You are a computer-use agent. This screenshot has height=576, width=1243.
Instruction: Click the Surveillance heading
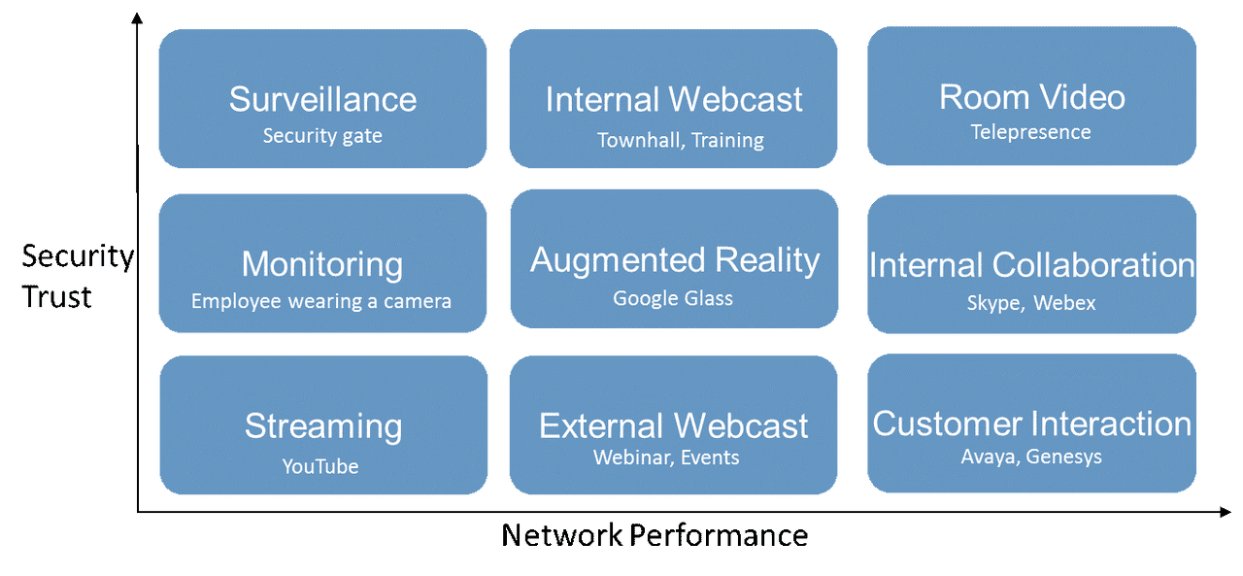coord(322,99)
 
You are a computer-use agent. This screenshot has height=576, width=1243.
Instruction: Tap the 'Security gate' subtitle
coord(322,136)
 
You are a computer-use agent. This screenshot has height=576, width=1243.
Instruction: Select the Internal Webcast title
coord(674,99)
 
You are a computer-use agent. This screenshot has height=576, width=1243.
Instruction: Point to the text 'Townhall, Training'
coord(680,140)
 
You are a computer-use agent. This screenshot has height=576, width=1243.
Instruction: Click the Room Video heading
coord(1031,97)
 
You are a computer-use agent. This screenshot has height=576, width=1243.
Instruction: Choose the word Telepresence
coord(1031,132)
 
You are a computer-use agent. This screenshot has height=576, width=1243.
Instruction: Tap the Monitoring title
coord(322,264)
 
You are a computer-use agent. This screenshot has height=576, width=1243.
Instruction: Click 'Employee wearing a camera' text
coord(321,301)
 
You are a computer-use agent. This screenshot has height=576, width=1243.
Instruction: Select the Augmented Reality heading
coord(675,260)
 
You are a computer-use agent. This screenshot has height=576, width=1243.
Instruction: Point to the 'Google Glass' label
coord(673,298)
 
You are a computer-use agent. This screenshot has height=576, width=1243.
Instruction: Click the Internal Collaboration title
coord(1031,265)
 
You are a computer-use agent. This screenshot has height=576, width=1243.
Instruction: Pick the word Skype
coord(993,303)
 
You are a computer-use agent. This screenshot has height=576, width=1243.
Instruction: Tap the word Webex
coord(1064,303)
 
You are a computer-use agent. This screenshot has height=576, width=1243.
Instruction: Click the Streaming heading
coord(322,426)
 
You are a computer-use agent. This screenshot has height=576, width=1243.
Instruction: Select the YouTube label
coord(320,466)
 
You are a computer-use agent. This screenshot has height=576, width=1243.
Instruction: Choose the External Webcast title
coord(674,426)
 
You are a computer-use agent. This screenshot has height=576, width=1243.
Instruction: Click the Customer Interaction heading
coord(1031,424)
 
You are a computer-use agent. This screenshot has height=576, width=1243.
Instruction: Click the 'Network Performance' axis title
coord(655,535)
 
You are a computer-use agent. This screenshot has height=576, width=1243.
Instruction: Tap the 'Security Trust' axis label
coord(77,277)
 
